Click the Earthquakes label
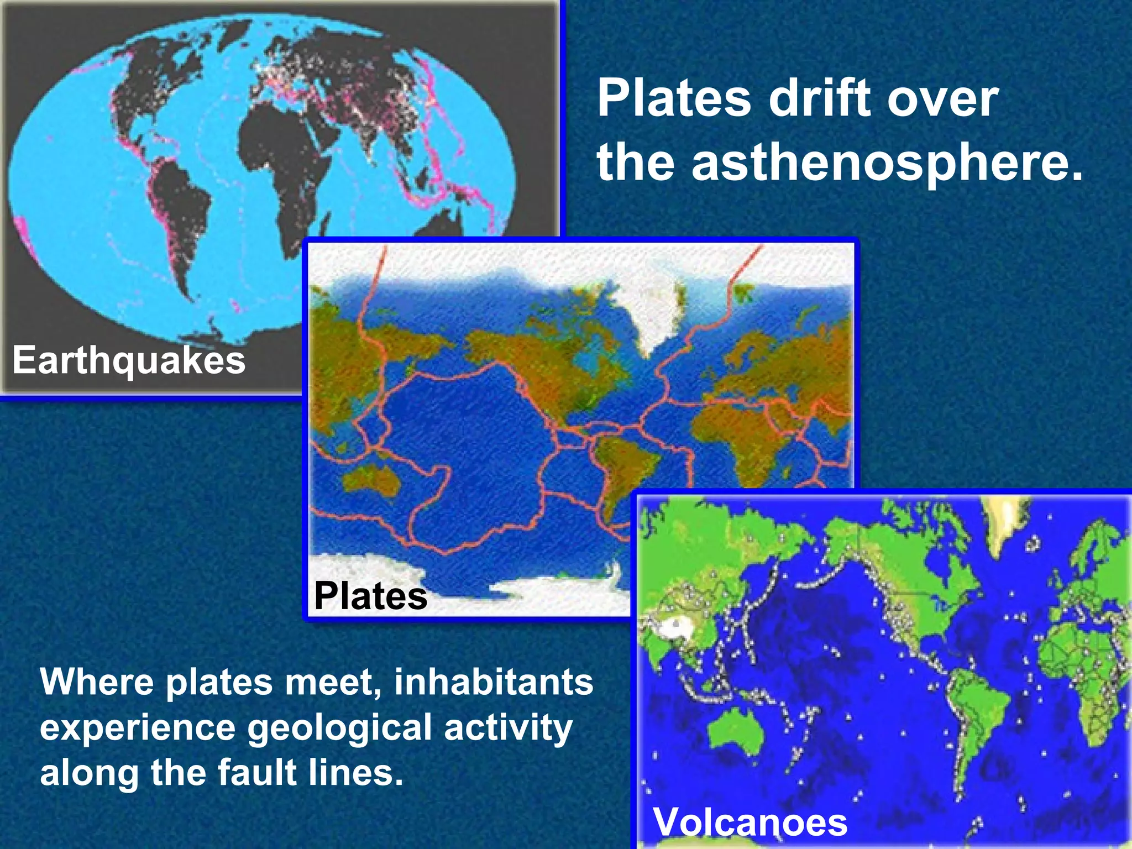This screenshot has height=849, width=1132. [129, 361]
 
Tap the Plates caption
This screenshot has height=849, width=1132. [370, 596]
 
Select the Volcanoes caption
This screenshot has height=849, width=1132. [750, 822]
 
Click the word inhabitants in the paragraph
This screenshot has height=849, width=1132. [493, 682]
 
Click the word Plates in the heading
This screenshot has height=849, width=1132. [674, 99]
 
